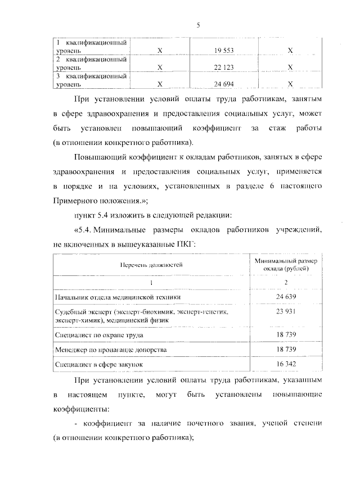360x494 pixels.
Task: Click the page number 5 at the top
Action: coord(198,24)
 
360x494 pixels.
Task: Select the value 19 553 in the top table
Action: coord(224,51)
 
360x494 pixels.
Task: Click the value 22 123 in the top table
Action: coord(224,67)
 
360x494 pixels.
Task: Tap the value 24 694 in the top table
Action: coord(224,84)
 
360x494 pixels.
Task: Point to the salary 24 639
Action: coord(286,296)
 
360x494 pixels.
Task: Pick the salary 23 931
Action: coord(286,311)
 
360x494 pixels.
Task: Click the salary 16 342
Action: coord(286,364)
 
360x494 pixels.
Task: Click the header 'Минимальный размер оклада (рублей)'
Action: coord(286,264)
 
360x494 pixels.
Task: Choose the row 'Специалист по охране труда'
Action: coord(98,334)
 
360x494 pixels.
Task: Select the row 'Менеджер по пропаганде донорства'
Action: coord(110,350)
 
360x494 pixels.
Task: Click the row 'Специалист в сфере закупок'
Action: coord(99,364)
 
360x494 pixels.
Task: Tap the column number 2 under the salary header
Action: coord(286,282)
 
